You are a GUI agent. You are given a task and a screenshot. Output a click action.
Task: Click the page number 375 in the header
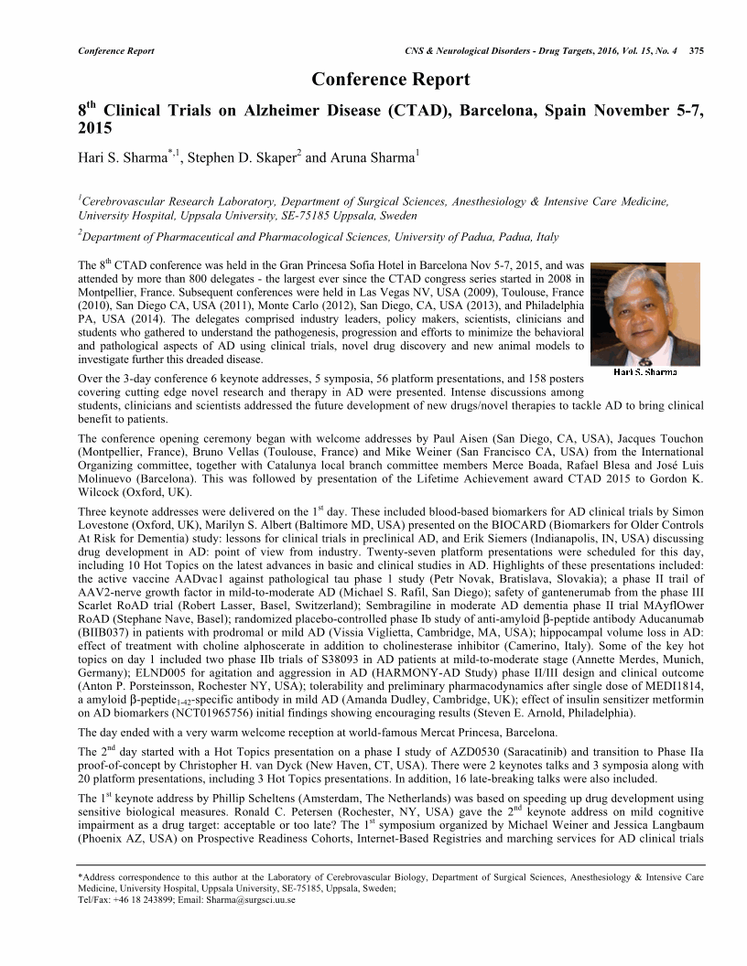(x=696, y=50)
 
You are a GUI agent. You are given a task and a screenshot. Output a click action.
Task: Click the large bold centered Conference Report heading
(x=391, y=80)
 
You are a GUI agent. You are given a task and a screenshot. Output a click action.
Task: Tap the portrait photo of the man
(x=644, y=314)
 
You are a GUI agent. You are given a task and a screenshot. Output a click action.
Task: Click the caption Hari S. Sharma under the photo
(x=645, y=372)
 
